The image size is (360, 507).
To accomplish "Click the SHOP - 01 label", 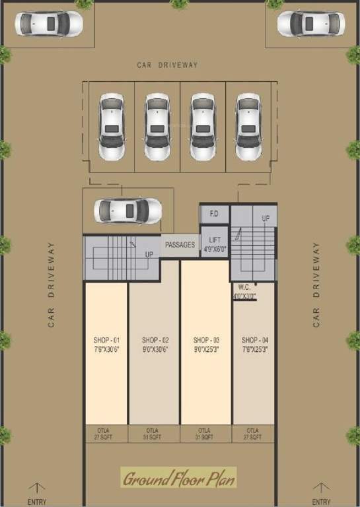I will pyautogui.click(x=106, y=340).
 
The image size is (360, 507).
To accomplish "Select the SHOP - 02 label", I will pyautogui.click(x=155, y=340).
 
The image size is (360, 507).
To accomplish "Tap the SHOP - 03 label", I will pyautogui.click(x=206, y=340).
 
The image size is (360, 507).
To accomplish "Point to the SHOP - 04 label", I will pyautogui.click(x=254, y=340).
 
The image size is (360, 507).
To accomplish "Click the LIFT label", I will pyautogui.click(x=215, y=240).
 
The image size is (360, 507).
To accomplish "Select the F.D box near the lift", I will pyautogui.click(x=215, y=214).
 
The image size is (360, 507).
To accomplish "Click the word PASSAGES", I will pyautogui.click(x=180, y=245).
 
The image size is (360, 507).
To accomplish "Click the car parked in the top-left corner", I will pyautogui.click(x=49, y=24).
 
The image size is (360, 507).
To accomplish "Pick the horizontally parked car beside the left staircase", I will pyautogui.click(x=127, y=211).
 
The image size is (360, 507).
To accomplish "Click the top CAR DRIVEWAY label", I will pyautogui.click(x=168, y=65).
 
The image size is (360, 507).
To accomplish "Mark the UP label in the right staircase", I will pyautogui.click(x=266, y=218).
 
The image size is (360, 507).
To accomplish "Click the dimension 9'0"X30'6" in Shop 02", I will pyautogui.click(x=155, y=349).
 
